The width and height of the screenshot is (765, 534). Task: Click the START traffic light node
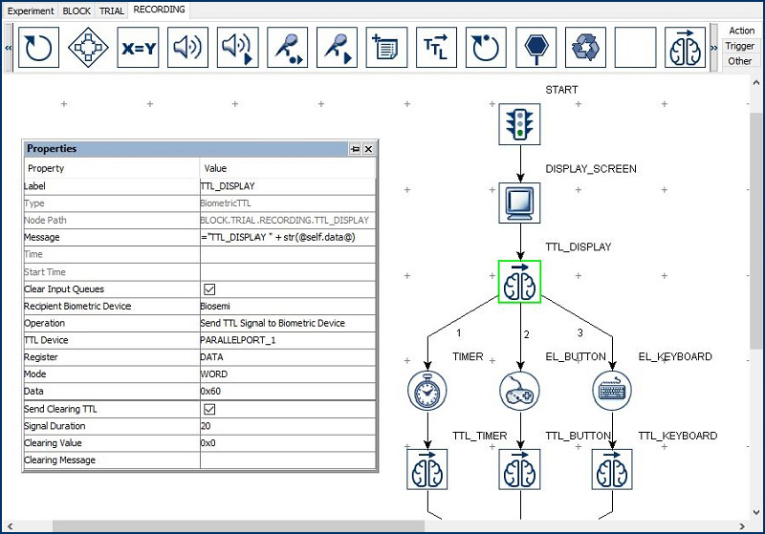[519, 124]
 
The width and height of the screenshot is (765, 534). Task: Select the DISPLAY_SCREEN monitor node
[519, 203]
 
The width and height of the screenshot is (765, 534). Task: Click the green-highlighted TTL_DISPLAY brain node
[519, 282]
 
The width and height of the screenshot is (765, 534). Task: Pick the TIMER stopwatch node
[427, 390]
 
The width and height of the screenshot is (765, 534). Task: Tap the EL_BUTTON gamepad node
[519, 390]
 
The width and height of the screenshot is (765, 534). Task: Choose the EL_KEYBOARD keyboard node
[612, 390]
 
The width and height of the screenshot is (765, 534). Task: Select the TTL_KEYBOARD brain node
[612, 469]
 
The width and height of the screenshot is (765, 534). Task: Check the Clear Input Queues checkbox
[209, 289]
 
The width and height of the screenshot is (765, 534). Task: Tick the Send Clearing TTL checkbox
[209, 409]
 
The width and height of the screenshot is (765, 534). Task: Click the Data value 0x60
[210, 392]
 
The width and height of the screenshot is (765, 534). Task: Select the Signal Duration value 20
[206, 426]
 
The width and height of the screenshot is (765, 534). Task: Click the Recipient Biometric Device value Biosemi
[215, 306]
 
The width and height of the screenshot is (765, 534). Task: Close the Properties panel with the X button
[368, 149]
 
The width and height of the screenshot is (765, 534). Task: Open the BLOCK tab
[76, 11]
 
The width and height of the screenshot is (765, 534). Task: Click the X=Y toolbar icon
[139, 47]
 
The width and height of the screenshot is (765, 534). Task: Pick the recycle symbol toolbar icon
[585, 47]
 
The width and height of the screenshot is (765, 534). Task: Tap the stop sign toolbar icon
[535, 47]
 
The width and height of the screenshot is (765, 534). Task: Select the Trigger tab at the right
[739, 46]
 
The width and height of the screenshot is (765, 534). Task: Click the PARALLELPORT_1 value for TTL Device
[238, 340]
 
